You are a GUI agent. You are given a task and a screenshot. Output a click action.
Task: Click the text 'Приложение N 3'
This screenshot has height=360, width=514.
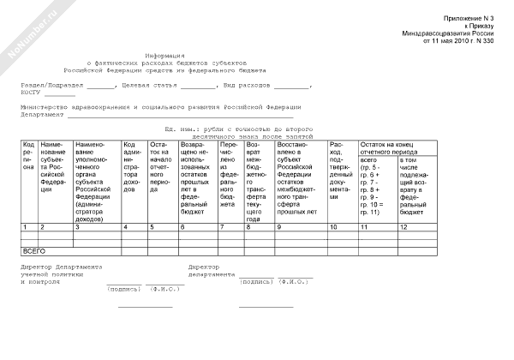point(469,18)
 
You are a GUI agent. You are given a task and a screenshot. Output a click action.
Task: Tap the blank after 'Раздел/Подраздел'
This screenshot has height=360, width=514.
point(100,87)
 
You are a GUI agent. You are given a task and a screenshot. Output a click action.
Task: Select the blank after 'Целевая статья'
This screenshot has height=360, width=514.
point(199,87)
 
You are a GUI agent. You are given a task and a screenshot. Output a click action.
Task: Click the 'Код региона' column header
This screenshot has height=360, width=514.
point(28,155)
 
